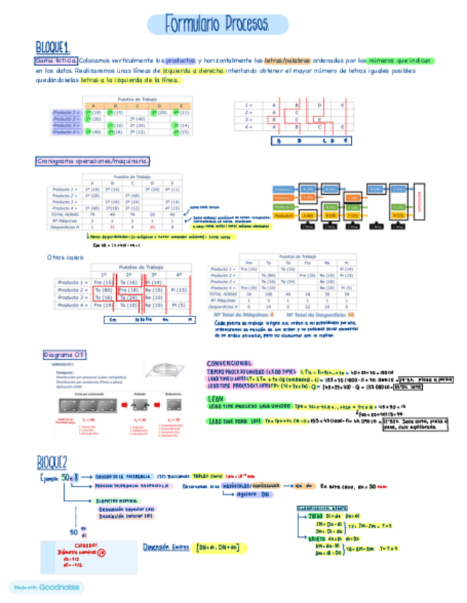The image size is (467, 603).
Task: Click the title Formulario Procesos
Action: [x=217, y=26]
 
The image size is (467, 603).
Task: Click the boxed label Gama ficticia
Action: [x=55, y=61]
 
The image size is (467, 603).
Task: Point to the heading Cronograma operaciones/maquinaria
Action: [x=93, y=161]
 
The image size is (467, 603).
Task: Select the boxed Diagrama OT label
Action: [x=65, y=354]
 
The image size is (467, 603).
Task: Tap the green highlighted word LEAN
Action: [x=216, y=399]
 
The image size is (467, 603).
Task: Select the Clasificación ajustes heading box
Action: [x=322, y=508]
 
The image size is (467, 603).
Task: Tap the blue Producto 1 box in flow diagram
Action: [x=283, y=190]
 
